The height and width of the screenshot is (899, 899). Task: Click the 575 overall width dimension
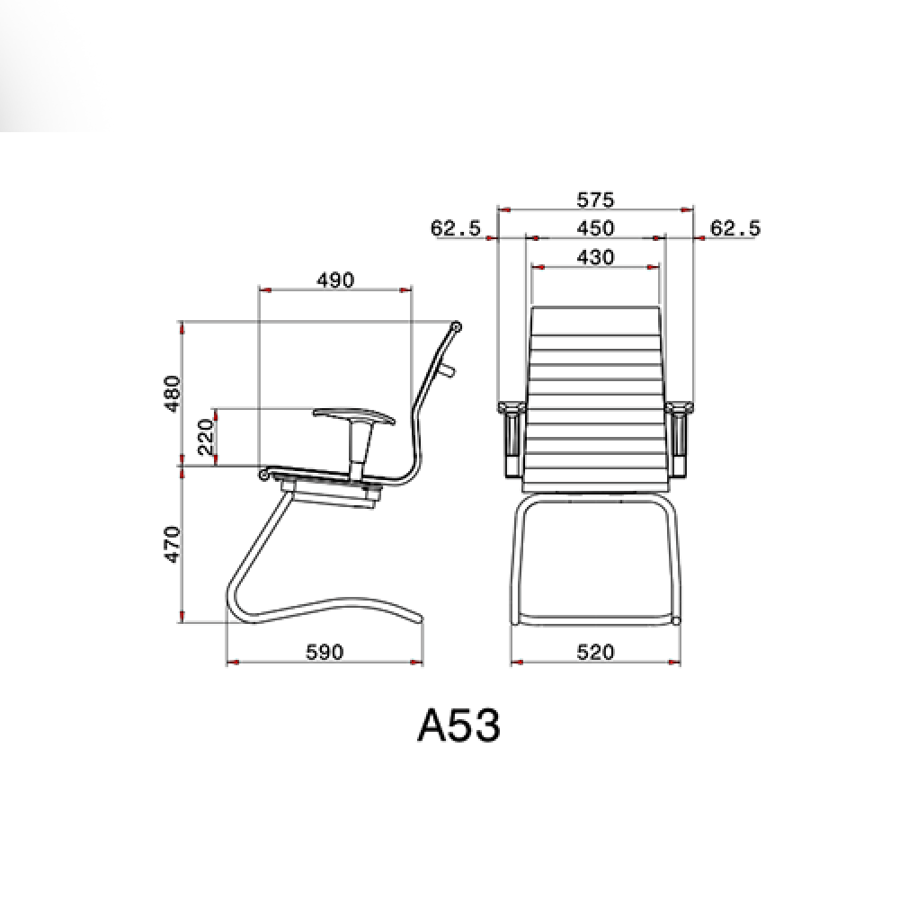(595, 200)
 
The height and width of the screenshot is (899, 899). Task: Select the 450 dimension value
(595, 228)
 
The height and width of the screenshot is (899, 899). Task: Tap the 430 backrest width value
(595, 257)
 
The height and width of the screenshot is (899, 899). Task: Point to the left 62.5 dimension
(456, 228)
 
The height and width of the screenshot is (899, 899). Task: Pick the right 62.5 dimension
(735, 228)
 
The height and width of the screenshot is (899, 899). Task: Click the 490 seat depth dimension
(335, 280)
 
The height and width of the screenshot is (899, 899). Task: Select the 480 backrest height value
(173, 394)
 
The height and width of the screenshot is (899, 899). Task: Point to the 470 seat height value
(173, 545)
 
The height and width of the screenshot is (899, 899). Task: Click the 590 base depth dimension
(325, 652)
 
